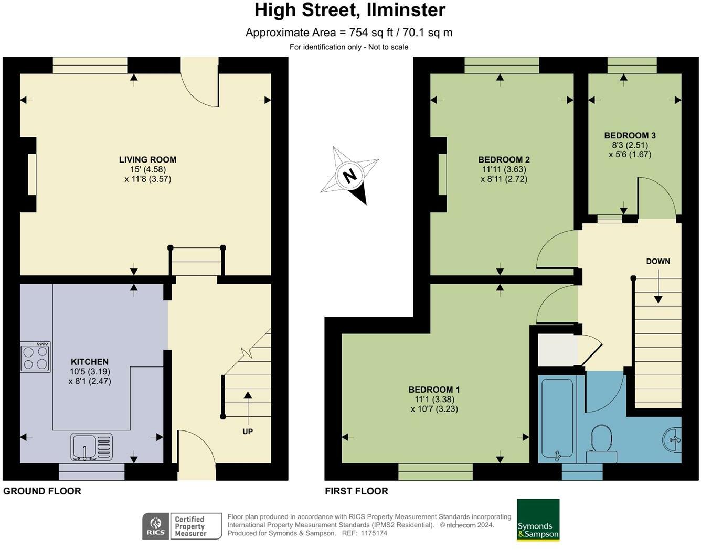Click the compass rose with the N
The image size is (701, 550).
tap(349, 175)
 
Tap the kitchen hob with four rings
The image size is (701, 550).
tap(35, 357)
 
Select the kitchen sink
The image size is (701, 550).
tap(91, 447)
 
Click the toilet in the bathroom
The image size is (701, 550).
tap(601, 443)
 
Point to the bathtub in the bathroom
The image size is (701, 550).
tap(557, 419)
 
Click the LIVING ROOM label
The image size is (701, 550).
tap(147, 160)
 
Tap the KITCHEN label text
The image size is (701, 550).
tap(90, 362)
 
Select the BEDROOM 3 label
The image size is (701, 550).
tap(630, 135)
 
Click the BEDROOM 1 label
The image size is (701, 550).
tap(434, 390)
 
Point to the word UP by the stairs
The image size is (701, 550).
tap(248, 432)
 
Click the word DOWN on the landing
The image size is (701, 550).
tap(658, 261)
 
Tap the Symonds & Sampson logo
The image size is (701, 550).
tap(538, 520)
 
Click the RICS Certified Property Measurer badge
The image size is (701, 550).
tap(182, 526)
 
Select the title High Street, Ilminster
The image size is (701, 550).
tap(350, 10)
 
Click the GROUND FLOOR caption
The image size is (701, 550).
tap(42, 491)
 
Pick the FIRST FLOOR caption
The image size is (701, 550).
tap(356, 491)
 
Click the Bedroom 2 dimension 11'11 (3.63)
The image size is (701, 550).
tap(504, 169)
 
